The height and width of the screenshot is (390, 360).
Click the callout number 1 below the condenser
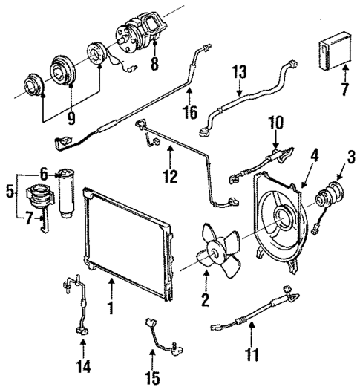point(111,306)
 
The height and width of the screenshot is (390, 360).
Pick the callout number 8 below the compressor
point(154,64)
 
